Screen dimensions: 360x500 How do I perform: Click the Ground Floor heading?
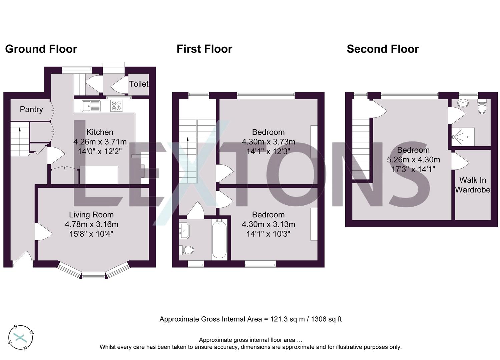tap(41, 49)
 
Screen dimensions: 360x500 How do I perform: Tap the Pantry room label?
tap(31, 109)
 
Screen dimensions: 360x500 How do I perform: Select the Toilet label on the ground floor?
tap(138, 84)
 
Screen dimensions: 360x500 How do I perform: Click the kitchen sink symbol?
tap(91, 106)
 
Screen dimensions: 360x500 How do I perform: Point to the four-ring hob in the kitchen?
tap(116, 106)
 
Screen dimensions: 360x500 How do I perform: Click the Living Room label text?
tap(91, 215)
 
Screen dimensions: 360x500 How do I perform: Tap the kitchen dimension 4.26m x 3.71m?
tap(100, 142)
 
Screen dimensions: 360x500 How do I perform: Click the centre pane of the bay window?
tap(93, 275)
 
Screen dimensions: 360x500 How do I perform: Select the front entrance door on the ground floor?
tap(23, 260)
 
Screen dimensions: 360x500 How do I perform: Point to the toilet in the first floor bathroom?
tap(188, 250)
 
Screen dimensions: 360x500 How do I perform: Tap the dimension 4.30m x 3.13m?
tap(268, 224)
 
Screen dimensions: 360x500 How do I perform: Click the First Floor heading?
tap(204, 49)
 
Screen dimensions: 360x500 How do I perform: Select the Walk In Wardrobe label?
tap(473, 185)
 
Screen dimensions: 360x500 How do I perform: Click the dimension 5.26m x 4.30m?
tap(413, 160)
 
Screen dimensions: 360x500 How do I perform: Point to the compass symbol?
tap(21, 338)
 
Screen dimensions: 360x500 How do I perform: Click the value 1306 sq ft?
tap(326, 319)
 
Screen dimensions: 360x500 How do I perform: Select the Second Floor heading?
tap(383, 49)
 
